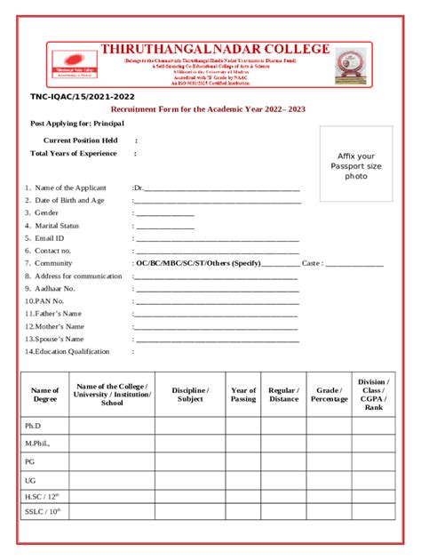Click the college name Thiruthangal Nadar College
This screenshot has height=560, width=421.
click(x=215, y=50)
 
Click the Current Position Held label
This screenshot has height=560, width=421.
click(x=80, y=140)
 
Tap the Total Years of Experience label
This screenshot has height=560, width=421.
click(x=74, y=154)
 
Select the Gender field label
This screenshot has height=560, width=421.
click(x=46, y=213)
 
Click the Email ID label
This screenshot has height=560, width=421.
click(x=49, y=238)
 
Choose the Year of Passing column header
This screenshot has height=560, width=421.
click(x=243, y=395)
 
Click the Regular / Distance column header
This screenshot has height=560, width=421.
click(x=283, y=395)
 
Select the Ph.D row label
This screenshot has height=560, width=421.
click(x=34, y=426)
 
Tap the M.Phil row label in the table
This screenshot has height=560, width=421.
click(x=37, y=443)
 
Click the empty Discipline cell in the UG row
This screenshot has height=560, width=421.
click(x=189, y=479)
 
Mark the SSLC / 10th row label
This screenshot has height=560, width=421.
click(x=41, y=512)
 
